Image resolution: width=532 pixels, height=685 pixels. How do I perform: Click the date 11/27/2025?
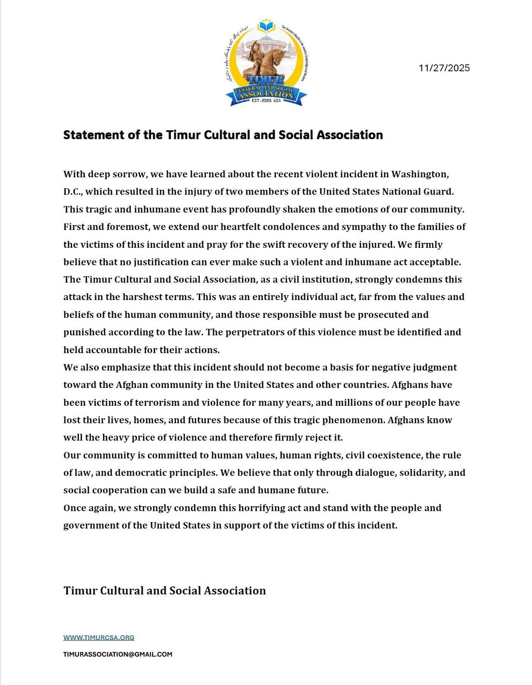(444, 68)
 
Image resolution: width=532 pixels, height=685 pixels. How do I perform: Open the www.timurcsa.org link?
(99, 638)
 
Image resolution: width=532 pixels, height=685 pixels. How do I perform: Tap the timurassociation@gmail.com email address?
(118, 654)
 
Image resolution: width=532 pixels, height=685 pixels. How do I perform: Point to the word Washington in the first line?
(420, 174)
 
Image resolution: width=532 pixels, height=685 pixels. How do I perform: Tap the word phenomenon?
(357, 420)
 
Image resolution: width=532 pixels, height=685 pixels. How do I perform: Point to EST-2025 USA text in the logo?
(266, 101)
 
